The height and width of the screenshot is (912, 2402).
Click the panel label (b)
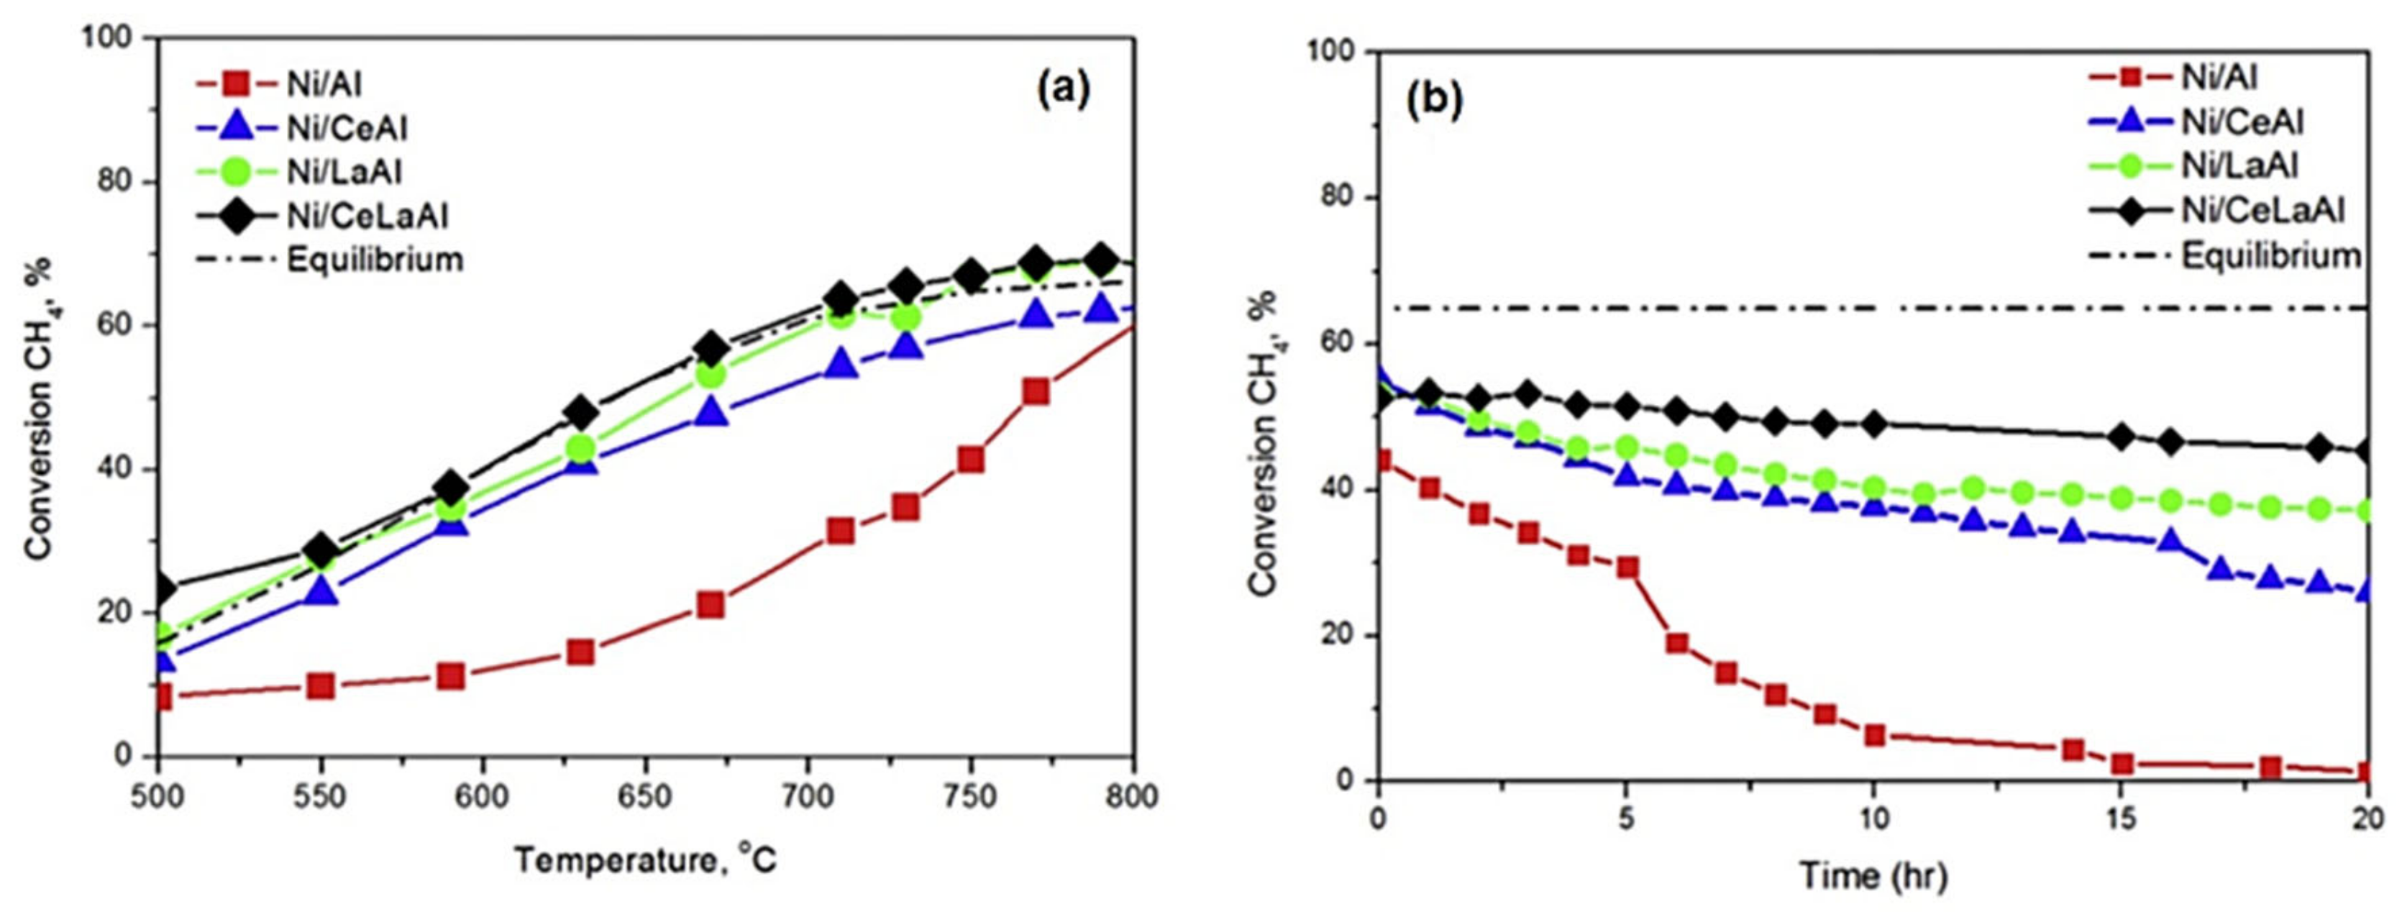(x=1434, y=100)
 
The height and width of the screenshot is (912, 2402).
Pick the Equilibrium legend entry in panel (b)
(x=2270, y=255)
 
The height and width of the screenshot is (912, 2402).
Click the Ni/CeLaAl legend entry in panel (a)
(x=367, y=215)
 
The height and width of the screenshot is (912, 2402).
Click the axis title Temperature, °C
(x=645, y=859)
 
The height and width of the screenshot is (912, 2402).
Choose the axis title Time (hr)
(x=1873, y=875)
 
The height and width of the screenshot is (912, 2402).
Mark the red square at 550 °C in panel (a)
(x=321, y=686)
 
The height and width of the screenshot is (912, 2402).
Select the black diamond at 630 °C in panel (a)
(x=581, y=411)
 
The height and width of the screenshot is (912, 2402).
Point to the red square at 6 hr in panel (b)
(x=1676, y=642)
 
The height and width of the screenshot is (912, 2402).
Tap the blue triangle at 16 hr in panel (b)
(x=2170, y=541)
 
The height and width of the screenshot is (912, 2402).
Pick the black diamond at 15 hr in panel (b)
(x=2122, y=435)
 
